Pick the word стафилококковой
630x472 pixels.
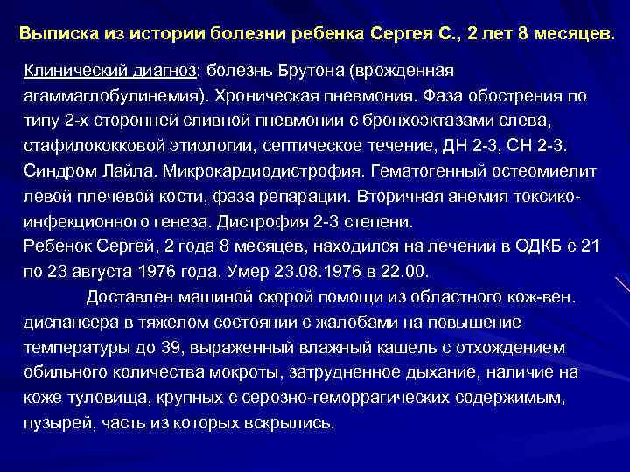(94, 146)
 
